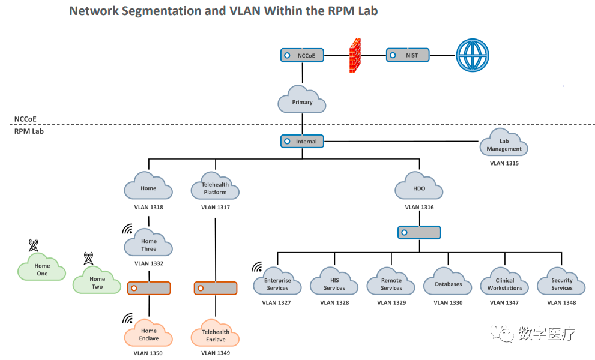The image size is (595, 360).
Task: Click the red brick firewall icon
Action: point(355,56)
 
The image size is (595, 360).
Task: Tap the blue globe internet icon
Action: point(473,56)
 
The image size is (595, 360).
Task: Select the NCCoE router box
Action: point(302,56)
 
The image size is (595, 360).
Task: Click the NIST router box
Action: point(408,56)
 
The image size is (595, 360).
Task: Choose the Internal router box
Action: point(302,142)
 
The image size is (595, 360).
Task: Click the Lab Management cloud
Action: point(504,144)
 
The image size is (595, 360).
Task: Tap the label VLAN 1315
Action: point(504,163)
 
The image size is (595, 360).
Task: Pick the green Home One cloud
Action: point(41,269)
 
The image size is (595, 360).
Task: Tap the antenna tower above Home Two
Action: point(88,259)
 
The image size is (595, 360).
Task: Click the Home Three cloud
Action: point(148,244)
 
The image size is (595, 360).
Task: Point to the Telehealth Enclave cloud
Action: point(215,334)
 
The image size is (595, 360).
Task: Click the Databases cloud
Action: point(448,283)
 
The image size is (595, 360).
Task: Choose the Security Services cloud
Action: point(561,283)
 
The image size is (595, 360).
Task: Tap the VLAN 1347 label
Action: point(504,303)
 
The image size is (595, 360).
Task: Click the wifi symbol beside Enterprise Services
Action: point(257,267)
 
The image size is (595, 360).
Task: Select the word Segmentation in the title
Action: point(154,11)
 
